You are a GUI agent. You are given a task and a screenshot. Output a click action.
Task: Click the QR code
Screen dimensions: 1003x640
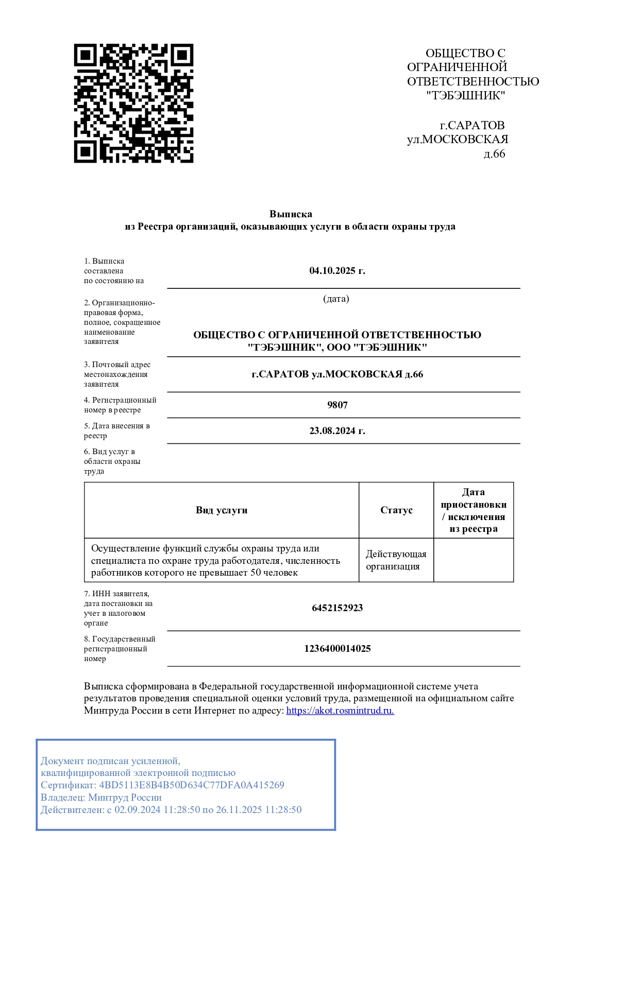[133, 103]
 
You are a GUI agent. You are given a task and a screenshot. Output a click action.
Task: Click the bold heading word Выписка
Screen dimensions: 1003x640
[291, 214]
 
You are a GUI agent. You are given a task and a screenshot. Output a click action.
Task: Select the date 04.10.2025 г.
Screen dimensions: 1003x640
[337, 271]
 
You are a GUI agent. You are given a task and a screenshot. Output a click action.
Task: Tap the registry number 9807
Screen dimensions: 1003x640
[338, 405]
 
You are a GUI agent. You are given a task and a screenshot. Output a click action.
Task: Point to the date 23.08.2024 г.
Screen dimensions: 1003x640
[337, 431]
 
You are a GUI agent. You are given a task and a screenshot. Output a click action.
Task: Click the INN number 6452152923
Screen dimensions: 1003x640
[338, 608]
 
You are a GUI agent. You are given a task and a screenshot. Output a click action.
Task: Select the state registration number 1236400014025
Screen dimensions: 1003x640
[338, 649]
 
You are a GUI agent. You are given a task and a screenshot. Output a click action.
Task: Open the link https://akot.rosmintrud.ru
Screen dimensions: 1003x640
[340, 711]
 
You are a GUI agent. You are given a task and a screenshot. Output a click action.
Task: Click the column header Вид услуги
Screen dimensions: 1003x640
[222, 510]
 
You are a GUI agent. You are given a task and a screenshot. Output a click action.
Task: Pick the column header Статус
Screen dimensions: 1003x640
[396, 510]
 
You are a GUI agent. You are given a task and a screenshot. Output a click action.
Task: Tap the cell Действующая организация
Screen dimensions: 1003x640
[396, 560]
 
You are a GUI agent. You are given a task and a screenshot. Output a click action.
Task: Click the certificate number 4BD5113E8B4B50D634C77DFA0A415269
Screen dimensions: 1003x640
[192, 785]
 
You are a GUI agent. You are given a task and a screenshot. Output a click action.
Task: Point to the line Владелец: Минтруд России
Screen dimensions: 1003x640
[102, 798]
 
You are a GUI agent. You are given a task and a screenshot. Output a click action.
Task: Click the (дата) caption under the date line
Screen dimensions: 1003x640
[336, 299]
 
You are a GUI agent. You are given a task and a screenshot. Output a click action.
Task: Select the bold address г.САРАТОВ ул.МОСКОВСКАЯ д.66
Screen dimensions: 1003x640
[338, 374]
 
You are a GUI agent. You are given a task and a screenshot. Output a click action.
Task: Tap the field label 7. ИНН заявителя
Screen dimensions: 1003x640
[117, 594]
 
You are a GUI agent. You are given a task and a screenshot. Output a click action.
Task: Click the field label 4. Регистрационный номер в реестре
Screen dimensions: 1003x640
[120, 405]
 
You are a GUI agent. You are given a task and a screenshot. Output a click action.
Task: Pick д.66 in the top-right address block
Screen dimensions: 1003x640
[494, 154]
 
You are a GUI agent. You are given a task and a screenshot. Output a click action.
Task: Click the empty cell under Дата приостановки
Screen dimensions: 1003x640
[474, 560]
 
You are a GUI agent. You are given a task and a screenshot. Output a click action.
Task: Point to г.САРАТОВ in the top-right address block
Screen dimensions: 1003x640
[472, 126]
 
